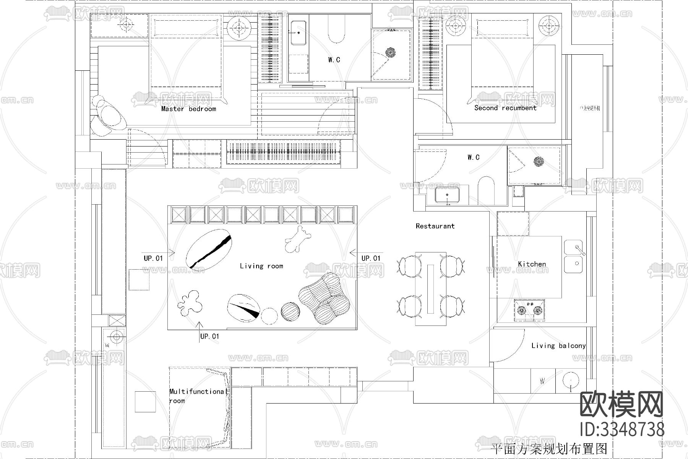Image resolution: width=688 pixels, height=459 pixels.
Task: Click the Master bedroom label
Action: coord(188,109)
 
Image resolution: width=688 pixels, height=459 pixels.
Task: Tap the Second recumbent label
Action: coord(505,108)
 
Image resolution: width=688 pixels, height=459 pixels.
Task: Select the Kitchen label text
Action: coord(532,264)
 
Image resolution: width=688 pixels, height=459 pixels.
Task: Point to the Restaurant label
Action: coord(435,226)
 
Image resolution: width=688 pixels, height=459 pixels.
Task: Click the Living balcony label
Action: coord(558,346)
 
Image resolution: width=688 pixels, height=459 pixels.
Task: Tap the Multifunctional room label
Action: coord(197,396)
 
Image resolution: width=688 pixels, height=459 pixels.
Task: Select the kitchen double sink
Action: coord(573,257)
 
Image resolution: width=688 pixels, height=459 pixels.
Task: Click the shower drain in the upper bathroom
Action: coord(391,52)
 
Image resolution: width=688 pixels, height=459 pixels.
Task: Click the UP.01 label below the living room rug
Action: coord(209,336)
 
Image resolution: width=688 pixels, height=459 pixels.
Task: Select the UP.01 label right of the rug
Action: coord(371,258)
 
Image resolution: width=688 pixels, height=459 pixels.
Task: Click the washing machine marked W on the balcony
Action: coord(542,381)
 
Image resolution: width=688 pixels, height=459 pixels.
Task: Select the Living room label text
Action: coord(261,266)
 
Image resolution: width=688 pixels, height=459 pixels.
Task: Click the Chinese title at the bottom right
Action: coord(549,448)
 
